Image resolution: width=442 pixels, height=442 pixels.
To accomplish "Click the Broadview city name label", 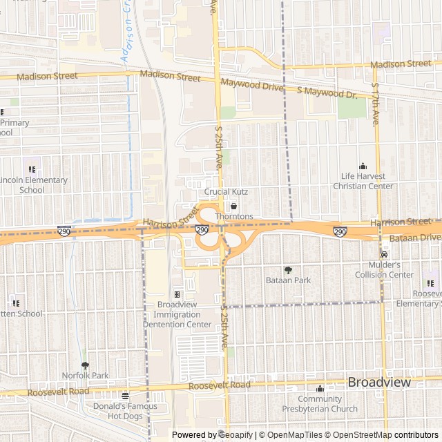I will coord(379,382).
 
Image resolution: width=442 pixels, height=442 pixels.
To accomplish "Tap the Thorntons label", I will coord(234,217).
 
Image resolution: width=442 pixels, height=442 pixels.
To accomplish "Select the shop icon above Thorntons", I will coord(233,206).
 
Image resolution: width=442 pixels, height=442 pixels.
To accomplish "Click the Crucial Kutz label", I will coord(226,191).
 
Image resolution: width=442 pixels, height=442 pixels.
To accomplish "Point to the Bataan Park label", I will coord(288,280).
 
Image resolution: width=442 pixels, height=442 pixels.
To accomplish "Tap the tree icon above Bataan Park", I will coord(288,270).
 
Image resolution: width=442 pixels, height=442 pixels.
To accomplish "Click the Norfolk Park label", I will coord(85,375).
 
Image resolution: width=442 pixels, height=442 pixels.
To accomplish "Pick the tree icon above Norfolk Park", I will coord(85,365).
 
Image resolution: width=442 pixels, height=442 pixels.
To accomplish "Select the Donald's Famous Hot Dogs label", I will coord(125,411).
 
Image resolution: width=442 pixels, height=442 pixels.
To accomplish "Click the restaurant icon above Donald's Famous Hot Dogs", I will coord(125,396).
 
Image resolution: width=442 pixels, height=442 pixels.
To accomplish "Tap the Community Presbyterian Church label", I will coord(320,404).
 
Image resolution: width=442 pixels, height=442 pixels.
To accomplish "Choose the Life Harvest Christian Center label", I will coord(363,181).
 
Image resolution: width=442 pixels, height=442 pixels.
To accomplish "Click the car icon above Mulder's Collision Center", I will coord(385,255).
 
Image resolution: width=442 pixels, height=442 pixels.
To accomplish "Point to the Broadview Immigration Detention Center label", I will coord(177,314).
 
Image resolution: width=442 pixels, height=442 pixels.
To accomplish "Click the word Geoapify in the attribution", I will coord(236,435).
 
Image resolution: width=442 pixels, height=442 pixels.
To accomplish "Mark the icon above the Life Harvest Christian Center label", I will coord(363,166).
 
